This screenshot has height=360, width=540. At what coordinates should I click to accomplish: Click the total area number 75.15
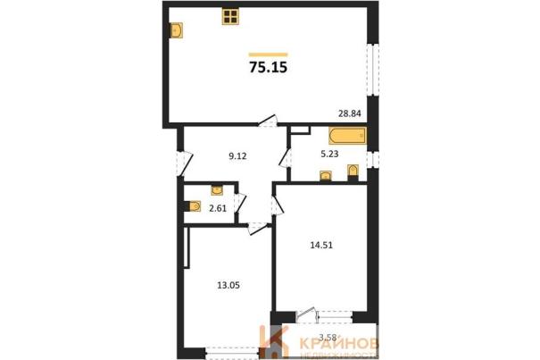(269, 68)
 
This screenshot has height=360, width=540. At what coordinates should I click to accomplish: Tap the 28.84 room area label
(350, 113)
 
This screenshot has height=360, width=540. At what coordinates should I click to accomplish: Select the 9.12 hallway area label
(237, 156)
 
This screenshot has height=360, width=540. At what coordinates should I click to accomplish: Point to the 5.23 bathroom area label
(329, 155)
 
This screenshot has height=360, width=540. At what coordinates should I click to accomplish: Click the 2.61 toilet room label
(218, 208)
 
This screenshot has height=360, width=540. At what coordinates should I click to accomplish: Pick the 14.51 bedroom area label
(321, 246)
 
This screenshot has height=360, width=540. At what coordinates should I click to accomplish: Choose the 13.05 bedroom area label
(228, 285)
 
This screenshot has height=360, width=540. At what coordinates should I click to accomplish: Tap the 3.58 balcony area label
(328, 338)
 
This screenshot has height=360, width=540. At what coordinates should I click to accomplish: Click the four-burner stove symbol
(230, 17)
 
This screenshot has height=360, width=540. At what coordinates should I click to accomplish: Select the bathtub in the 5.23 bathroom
(347, 136)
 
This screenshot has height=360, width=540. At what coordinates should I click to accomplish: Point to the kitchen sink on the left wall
(177, 30)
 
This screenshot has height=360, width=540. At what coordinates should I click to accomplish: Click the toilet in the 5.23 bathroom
(353, 172)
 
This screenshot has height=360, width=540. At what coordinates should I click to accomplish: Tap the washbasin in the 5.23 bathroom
(326, 175)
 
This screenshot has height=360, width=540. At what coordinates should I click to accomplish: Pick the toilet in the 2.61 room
(195, 206)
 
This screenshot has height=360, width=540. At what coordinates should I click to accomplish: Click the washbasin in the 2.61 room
(217, 189)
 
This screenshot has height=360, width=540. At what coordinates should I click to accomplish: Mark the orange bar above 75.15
(269, 54)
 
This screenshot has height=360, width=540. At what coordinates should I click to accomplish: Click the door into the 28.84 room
(269, 121)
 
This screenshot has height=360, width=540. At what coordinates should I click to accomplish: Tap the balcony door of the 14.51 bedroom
(306, 315)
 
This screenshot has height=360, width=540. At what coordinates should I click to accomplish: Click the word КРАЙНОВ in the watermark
(339, 344)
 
